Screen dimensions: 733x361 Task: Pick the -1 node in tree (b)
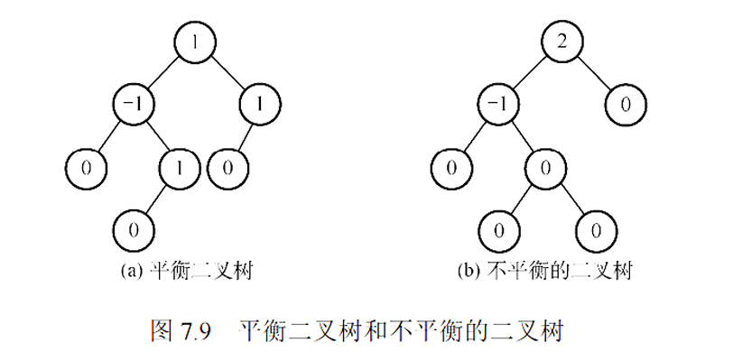point(497,105)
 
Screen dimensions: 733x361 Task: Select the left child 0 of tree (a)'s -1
point(87,167)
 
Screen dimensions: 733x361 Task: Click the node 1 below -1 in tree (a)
point(181,167)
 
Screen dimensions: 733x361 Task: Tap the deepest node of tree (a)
point(135,228)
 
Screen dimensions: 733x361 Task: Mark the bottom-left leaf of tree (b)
point(497,228)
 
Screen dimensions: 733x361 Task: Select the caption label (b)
point(469,270)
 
